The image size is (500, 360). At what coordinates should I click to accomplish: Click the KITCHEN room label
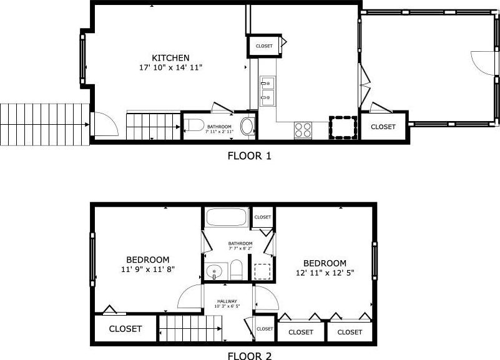tap(170, 58)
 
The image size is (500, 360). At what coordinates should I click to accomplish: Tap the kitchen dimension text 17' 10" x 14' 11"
tap(171, 67)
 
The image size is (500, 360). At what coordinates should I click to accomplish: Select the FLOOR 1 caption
tap(249, 156)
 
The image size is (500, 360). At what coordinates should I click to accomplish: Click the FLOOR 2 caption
tap(249, 356)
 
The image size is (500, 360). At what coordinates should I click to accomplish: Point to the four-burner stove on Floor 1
tap(303, 130)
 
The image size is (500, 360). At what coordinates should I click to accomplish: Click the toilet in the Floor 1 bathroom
tap(195, 125)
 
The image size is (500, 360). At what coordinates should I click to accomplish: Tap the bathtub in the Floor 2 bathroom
tap(227, 217)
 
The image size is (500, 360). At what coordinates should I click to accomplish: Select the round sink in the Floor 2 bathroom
tap(214, 272)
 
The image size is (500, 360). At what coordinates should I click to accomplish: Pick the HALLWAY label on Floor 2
tap(227, 301)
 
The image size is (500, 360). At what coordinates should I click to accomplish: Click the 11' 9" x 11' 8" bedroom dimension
tap(148, 269)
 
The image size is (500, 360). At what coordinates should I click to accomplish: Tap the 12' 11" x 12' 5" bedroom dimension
tap(325, 273)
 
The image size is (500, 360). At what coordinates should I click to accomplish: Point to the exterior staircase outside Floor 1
tap(45, 125)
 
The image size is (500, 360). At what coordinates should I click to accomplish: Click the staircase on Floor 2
tap(190, 328)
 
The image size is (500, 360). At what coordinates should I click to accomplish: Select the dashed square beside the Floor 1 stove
tap(343, 128)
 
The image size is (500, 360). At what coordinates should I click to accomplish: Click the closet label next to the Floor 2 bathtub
tap(263, 217)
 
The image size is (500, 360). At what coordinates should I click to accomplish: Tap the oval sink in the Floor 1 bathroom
tap(247, 126)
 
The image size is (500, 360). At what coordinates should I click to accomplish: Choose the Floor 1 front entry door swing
tap(106, 124)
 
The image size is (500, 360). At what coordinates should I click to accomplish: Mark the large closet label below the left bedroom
tap(125, 329)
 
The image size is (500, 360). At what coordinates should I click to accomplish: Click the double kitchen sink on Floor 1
tap(267, 91)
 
